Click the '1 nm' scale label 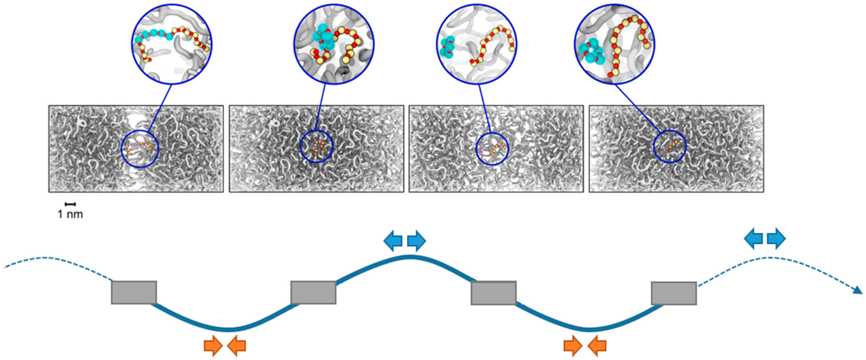click(70, 214)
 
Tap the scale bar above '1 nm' click(70, 204)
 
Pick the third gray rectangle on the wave click(493, 293)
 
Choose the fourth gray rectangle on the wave click(674, 293)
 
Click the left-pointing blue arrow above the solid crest click(393, 241)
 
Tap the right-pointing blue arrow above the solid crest click(417, 241)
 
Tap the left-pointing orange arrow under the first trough click(237, 345)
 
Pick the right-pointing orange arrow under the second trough click(573, 345)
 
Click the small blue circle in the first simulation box click(140, 149)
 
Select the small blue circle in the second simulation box click(316, 147)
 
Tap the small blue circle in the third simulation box click(492, 149)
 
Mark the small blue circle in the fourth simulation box click(670, 147)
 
